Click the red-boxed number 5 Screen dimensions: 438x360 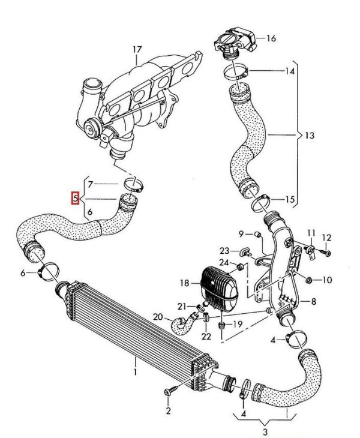76,197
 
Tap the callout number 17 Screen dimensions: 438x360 138,49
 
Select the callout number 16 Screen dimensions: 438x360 271,38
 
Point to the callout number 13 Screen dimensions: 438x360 309,136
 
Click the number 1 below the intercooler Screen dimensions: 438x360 136,373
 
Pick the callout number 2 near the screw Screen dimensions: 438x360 169,411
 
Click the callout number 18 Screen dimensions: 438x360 185,281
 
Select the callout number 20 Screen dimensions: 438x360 158,316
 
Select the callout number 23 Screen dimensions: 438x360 225,250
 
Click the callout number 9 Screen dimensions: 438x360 241,233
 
